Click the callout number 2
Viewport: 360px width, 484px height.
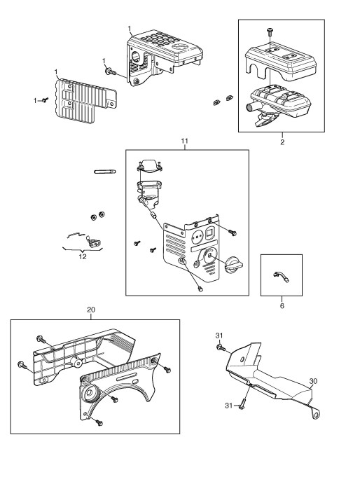tap(282, 142)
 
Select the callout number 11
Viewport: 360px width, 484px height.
tap(184, 141)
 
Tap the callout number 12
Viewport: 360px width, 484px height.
tap(83, 256)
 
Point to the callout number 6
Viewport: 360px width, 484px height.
tap(282, 305)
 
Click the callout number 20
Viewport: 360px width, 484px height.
tap(91, 310)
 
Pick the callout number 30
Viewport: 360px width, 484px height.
tap(313, 381)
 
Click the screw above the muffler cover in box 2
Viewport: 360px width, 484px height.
tap(270, 31)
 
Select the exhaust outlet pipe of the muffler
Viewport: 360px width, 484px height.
tap(251, 109)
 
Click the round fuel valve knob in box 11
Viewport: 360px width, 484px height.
tap(235, 264)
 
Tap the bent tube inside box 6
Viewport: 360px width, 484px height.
tap(282, 275)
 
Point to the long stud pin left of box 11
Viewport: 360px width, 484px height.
tap(104, 172)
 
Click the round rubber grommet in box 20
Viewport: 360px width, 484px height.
tap(90, 394)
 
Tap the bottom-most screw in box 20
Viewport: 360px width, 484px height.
tap(99, 422)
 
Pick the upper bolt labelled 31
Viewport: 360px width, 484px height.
tap(221, 347)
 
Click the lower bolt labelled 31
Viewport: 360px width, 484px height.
tap(243, 405)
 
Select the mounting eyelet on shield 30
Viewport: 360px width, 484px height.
tap(316, 413)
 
